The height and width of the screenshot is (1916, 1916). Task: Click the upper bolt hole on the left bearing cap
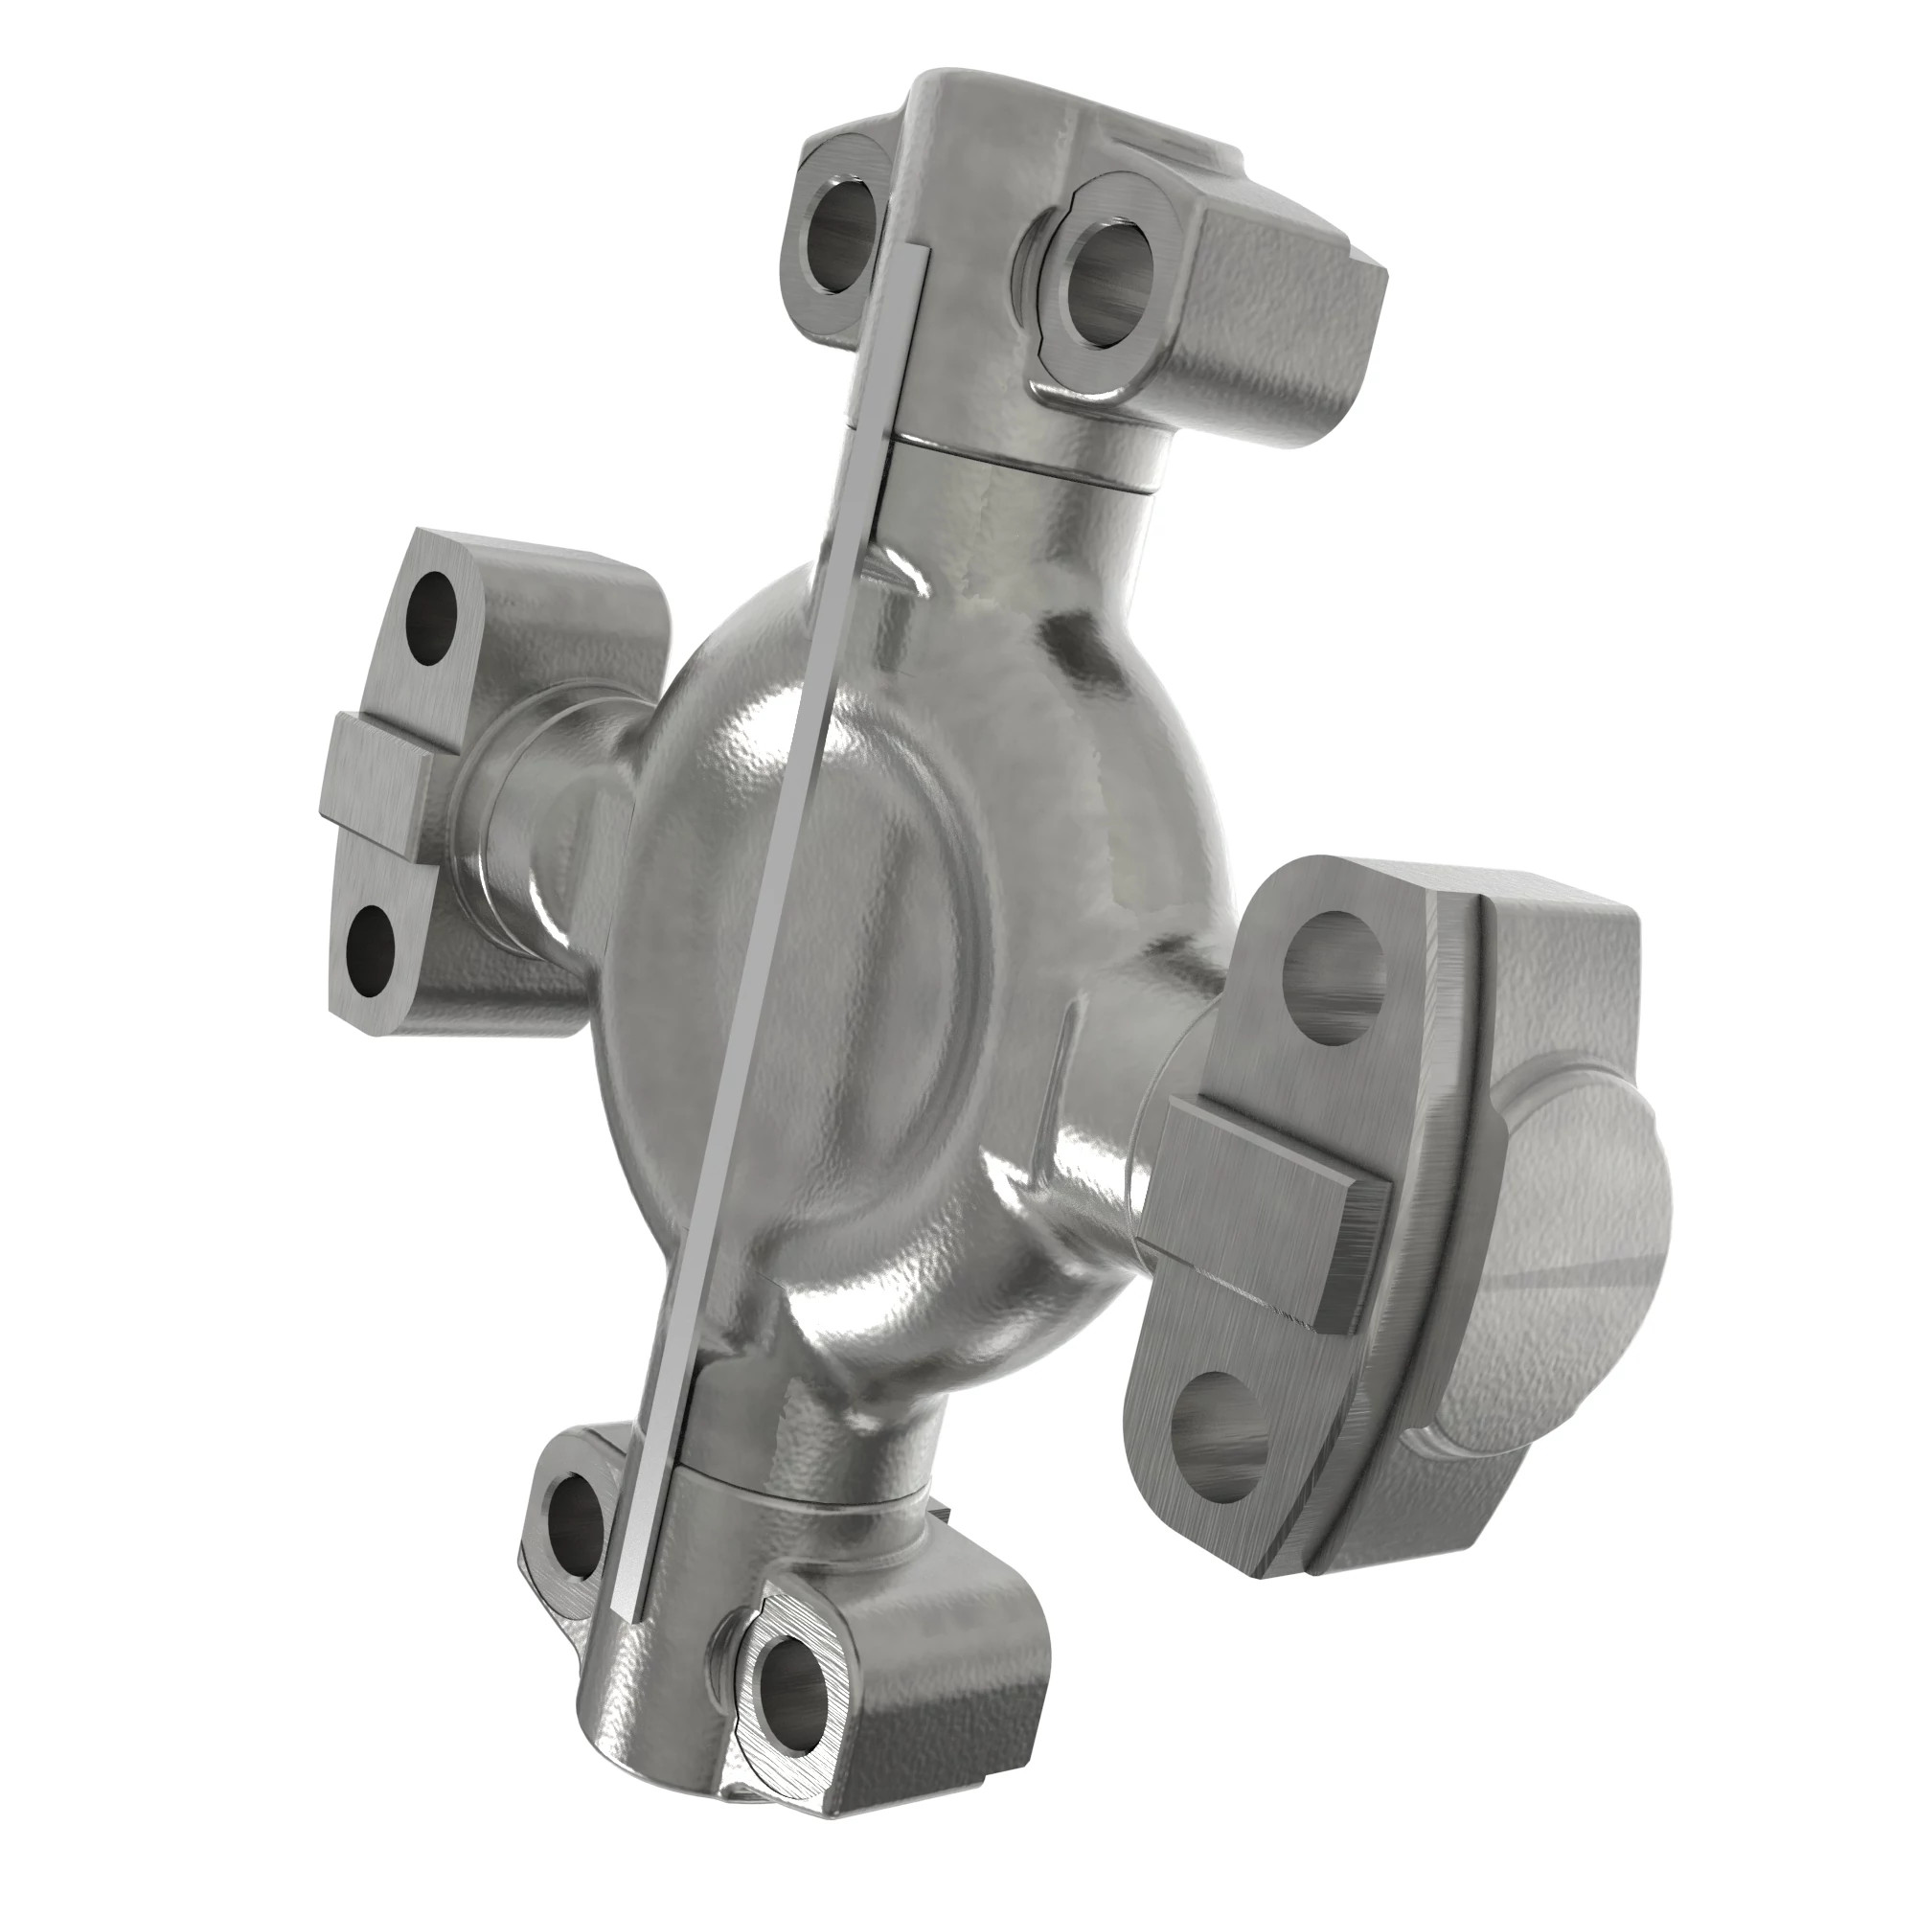click(x=433, y=619)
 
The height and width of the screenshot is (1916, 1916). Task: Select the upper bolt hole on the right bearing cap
click(x=1333, y=961)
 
